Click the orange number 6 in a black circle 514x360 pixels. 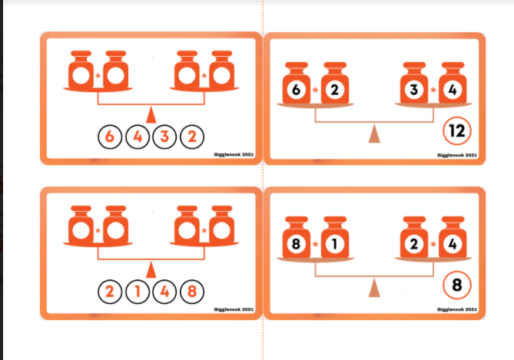coord(110,137)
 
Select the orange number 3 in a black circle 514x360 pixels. coord(164,137)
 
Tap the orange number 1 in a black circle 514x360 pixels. coord(138,291)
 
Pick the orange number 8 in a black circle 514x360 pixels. coord(192,291)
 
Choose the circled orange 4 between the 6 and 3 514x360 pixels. coord(138,137)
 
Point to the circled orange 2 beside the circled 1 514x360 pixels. coord(110,291)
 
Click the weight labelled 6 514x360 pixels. coord(297,83)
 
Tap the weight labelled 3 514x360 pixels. coord(414,83)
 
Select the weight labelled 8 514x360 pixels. coord(297,237)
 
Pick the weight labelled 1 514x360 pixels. coord(335,237)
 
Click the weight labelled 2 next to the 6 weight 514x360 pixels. coord(335,83)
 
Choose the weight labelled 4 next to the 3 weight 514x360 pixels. coord(453,83)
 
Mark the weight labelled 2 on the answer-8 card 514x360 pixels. coord(414,237)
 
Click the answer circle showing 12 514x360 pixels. coord(457,131)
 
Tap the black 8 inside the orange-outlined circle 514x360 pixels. coord(457,285)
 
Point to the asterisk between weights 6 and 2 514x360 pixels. coord(315,90)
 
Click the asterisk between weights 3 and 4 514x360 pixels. coord(433,90)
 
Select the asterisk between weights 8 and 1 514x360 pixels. coord(315,244)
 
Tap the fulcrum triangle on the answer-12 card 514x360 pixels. coord(374,134)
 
